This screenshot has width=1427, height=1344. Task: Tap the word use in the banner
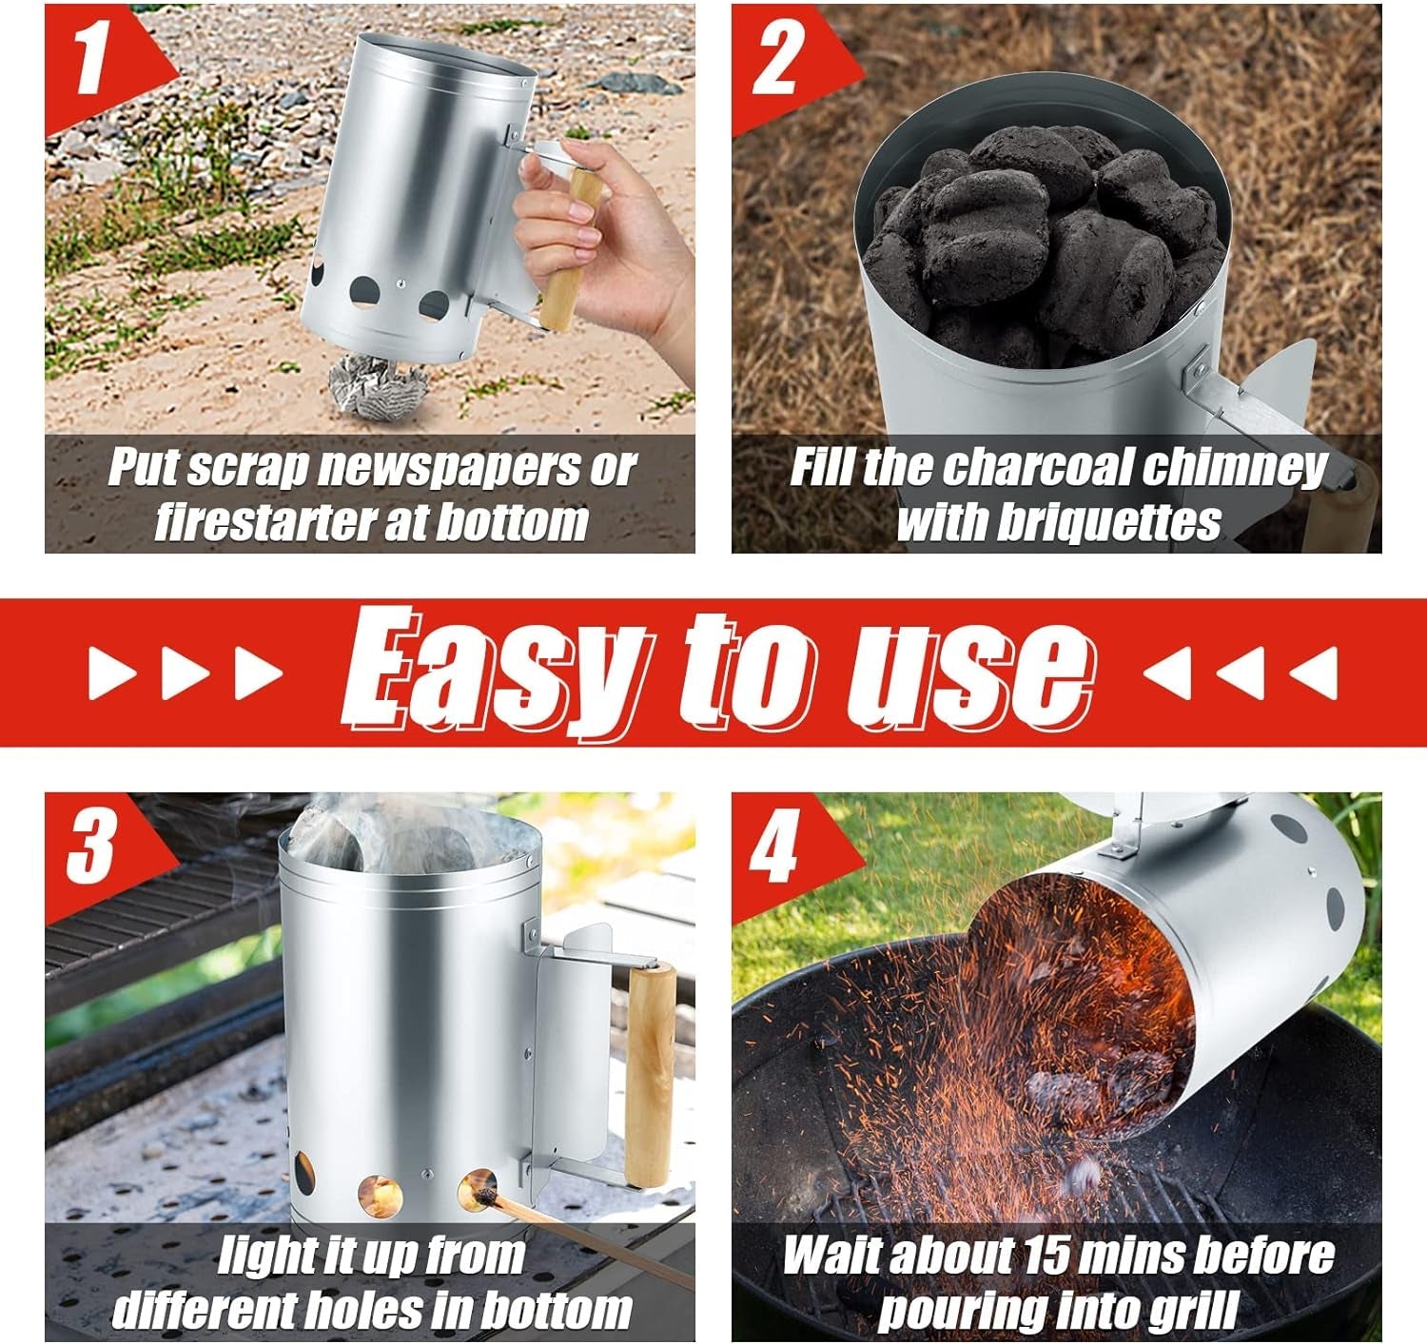pos(970,672)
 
